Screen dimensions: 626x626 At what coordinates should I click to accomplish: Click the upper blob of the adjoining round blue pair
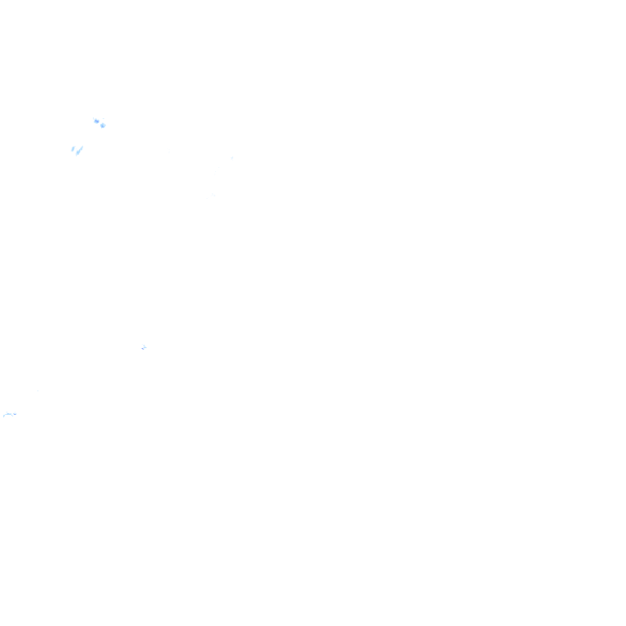pyautogui.click(x=96, y=121)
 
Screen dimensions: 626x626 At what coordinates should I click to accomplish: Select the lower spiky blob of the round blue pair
pyautogui.click(x=103, y=126)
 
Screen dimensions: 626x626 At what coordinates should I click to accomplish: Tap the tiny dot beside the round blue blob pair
pyautogui.click(x=92, y=117)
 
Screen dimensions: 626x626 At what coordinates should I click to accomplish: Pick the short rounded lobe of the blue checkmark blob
pyautogui.click(x=73, y=149)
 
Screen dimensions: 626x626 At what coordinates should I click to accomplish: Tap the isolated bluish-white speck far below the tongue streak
pyautogui.click(x=144, y=346)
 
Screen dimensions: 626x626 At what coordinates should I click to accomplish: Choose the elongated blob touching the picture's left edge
pyautogui.click(x=9, y=414)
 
